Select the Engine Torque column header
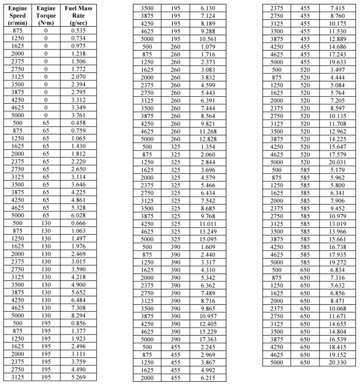pos(46,16)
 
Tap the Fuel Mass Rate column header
pos(78,16)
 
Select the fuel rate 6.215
pos(208,377)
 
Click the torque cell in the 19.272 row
pos(305,263)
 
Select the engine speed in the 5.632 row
pos(276,285)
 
